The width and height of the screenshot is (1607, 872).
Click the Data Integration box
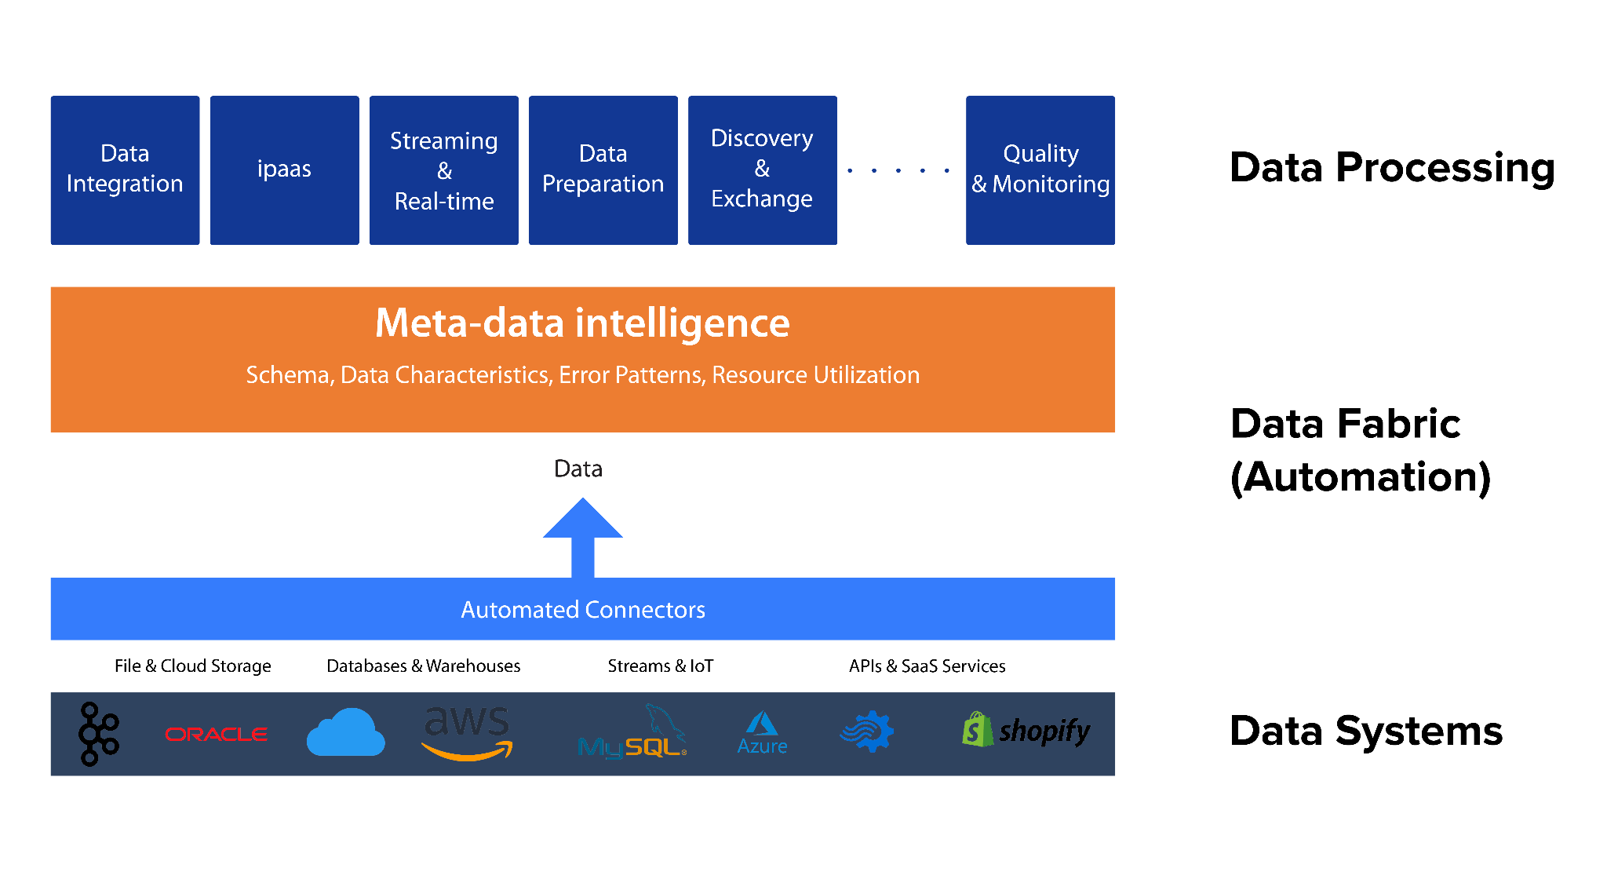pos(125,170)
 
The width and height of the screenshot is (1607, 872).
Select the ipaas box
pos(284,170)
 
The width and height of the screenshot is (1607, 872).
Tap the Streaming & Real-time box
pos(443,170)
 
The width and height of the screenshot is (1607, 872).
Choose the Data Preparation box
pos(603,170)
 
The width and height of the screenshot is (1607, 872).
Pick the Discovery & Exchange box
pos(762,170)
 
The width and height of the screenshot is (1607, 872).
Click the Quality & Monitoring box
pos(1040,170)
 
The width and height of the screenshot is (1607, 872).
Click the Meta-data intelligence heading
pos(582,323)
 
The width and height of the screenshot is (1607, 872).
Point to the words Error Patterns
pos(632,375)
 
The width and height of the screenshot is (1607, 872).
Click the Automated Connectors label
pos(582,610)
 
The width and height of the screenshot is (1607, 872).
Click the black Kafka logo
pos(98,734)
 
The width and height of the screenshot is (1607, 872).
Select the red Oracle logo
pos(216,735)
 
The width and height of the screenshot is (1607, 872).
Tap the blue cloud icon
pos(345,733)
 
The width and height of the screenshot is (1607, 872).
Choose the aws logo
pos(468,732)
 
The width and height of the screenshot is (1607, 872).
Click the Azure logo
pos(762,734)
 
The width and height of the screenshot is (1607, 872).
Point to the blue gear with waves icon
pos(868,732)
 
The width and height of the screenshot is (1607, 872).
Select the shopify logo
pos(1026,731)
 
